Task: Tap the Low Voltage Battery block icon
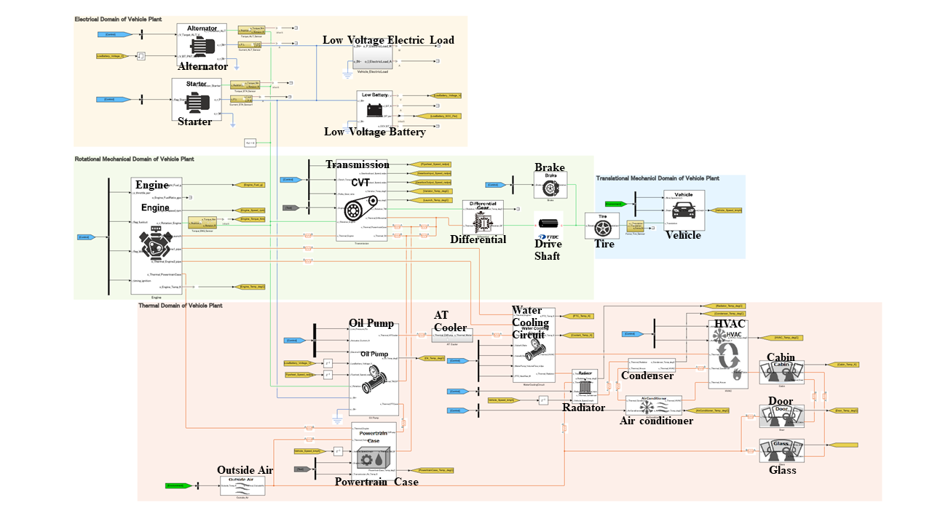(374, 110)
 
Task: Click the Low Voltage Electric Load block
(373, 55)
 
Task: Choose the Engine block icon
(156, 237)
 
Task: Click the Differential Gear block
(482, 216)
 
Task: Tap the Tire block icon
(601, 226)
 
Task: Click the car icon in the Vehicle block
(684, 210)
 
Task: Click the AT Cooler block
(451, 335)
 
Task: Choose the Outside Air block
(242, 485)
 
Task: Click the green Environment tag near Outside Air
(178, 485)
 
